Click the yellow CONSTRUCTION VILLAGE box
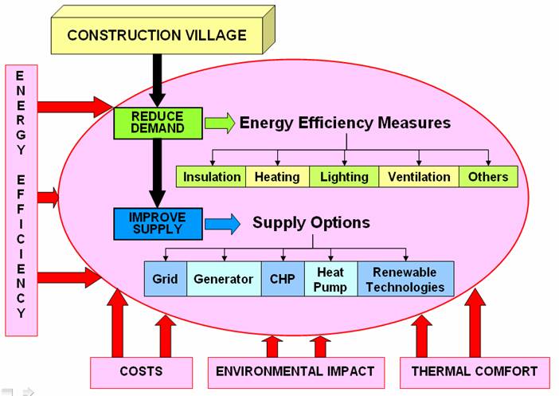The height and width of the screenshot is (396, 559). (x=156, y=35)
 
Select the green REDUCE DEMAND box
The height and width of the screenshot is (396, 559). (x=158, y=122)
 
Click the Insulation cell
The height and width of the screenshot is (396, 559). (x=211, y=176)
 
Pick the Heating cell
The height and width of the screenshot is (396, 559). (x=276, y=176)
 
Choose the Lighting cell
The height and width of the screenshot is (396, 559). (x=343, y=176)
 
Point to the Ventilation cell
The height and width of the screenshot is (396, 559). (x=419, y=176)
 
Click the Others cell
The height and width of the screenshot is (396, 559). (x=488, y=176)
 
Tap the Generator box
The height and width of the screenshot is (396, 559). (x=223, y=280)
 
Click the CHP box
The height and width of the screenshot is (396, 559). (x=282, y=280)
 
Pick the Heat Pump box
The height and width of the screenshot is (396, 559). (x=330, y=280)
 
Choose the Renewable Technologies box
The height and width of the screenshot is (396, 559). (x=406, y=280)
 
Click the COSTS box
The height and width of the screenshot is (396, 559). (x=141, y=371)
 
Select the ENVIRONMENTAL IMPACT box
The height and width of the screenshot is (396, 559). (x=296, y=371)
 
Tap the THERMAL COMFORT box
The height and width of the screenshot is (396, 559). (x=474, y=371)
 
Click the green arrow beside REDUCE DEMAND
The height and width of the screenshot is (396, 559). (x=219, y=123)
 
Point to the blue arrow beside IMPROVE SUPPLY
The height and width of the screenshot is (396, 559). (x=221, y=224)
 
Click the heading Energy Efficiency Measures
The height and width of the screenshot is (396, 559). (x=345, y=123)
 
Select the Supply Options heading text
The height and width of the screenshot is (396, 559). (x=311, y=223)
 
